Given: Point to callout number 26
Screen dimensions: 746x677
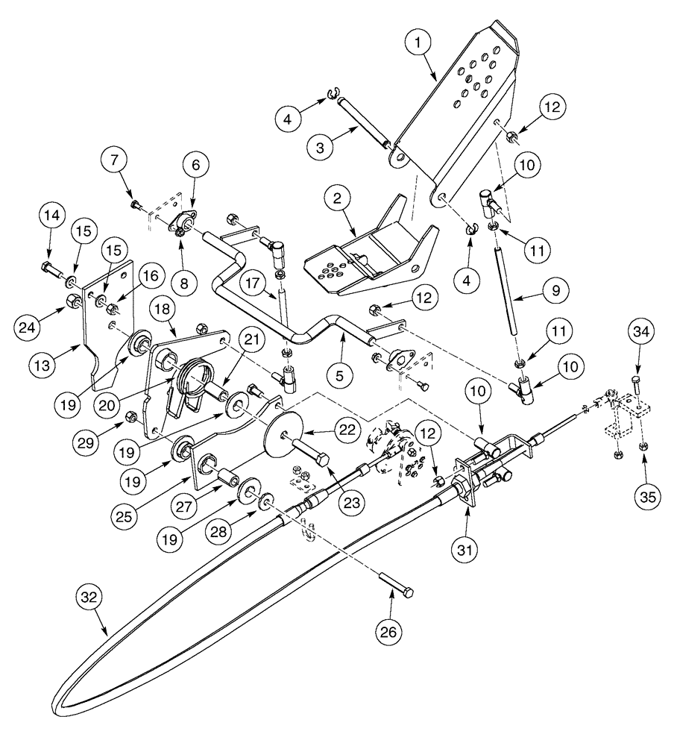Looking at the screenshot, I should [x=393, y=631].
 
